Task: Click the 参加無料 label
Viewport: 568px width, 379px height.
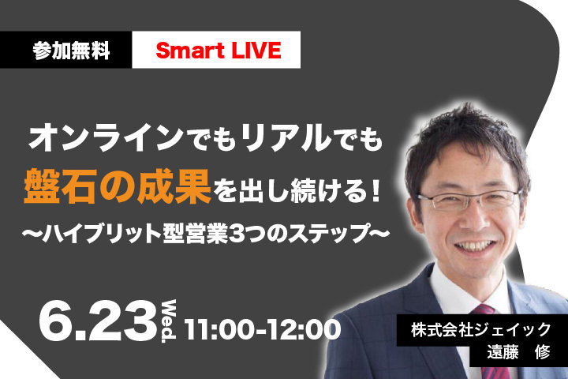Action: [71, 51]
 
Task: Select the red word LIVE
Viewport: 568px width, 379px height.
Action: [256, 50]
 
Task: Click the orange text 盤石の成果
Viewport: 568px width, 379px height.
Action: [118, 186]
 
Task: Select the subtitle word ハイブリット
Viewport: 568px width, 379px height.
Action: [101, 233]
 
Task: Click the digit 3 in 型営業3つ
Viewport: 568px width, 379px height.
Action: [237, 233]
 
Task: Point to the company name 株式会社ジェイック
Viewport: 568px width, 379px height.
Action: [480, 330]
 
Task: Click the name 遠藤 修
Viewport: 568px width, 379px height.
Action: [519, 352]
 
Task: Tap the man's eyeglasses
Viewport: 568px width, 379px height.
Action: [469, 200]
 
